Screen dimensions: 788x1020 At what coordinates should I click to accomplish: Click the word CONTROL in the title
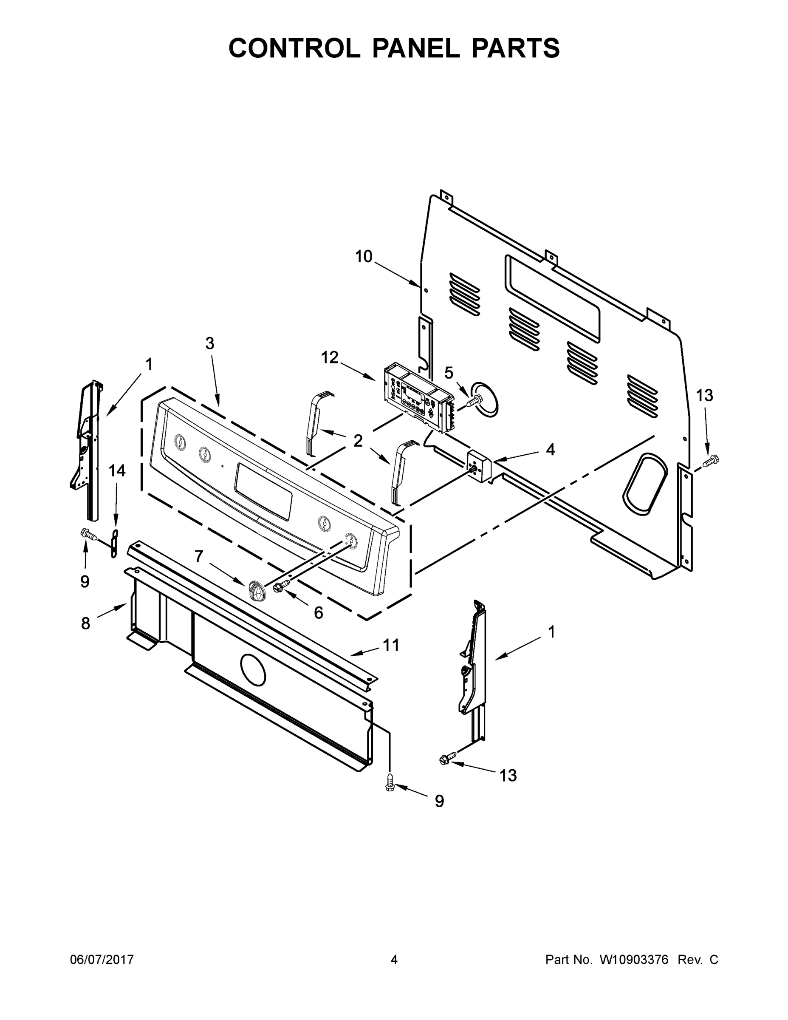point(294,48)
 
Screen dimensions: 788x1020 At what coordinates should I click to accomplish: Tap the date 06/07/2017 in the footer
point(102,959)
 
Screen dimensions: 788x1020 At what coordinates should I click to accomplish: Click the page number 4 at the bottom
point(394,959)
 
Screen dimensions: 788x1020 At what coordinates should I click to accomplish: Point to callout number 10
point(364,256)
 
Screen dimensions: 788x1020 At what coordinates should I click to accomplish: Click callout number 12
point(330,358)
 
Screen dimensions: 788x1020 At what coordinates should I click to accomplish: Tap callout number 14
point(117,471)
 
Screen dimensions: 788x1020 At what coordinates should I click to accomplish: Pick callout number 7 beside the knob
point(199,556)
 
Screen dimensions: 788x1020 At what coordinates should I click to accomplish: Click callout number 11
point(391,645)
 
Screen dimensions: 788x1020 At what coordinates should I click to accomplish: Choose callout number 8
point(85,623)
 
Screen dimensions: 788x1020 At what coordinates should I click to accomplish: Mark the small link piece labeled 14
point(114,544)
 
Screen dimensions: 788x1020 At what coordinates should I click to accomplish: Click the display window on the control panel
point(264,491)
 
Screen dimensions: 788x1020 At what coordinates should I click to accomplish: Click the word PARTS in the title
point(515,48)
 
